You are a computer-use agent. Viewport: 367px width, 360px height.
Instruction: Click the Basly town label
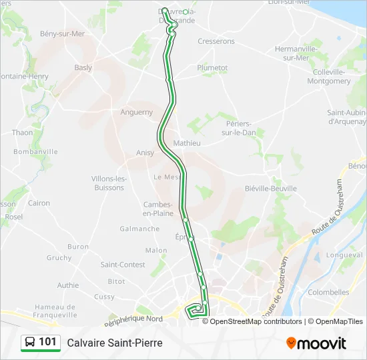pyautogui.click(x=83, y=67)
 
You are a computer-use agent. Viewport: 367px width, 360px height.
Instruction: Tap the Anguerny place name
pyautogui.click(x=137, y=112)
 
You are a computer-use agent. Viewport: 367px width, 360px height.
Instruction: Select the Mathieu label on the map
pyautogui.click(x=187, y=143)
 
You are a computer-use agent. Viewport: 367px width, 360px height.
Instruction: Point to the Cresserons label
pyautogui.click(x=216, y=41)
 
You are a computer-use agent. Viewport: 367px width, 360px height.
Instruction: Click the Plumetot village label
pyautogui.click(x=212, y=67)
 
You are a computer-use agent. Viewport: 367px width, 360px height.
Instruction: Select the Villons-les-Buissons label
pyautogui.click(x=108, y=183)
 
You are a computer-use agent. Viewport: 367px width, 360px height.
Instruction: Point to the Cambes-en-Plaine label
pyautogui.click(x=158, y=209)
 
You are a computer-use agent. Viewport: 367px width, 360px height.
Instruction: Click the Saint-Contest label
pyautogui.click(x=123, y=265)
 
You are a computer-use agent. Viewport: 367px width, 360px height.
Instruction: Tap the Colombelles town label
pyautogui.click(x=329, y=292)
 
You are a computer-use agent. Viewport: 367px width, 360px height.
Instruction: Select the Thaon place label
pyautogui.click(x=22, y=133)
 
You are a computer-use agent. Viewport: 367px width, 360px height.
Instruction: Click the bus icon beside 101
pyautogui.click(x=30, y=343)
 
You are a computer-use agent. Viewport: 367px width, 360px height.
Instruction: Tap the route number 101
pyautogui.click(x=47, y=342)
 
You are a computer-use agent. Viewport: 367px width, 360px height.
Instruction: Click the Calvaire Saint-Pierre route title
pyautogui.click(x=115, y=343)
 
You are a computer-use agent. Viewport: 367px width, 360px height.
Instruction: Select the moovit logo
pyautogui.click(x=316, y=343)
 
